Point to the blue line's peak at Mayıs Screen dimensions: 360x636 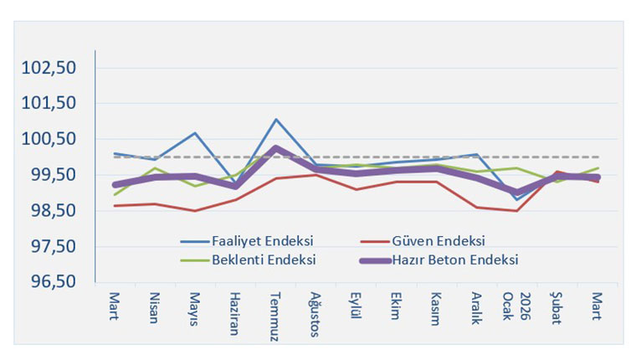click(x=194, y=133)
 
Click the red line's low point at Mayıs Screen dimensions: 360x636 click(x=194, y=211)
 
